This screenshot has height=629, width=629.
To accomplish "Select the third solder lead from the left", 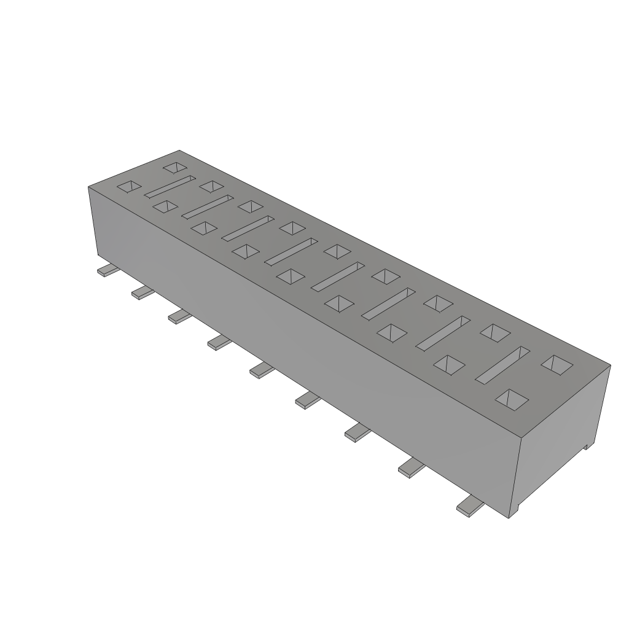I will click(x=181, y=316).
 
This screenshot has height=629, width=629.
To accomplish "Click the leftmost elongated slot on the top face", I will click(x=170, y=187).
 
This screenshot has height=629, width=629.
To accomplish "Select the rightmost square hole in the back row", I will click(x=557, y=364).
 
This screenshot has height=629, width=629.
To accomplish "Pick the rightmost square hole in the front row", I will click(x=512, y=399).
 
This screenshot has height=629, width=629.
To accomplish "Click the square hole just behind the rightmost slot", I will click(x=495, y=332).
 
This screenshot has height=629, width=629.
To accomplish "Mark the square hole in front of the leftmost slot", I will click(x=165, y=206).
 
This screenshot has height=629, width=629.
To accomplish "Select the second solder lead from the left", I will click(x=143, y=293).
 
